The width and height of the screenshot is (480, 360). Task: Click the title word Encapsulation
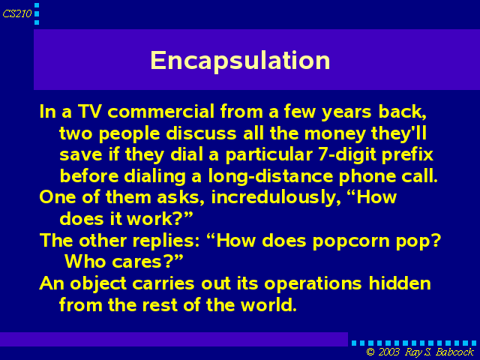pos(240,61)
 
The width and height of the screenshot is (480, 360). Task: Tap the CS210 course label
pos(16,13)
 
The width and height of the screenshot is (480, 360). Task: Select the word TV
pos(89,111)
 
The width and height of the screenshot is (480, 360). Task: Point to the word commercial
pos(160,111)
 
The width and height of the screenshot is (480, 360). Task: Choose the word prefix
pos(407,154)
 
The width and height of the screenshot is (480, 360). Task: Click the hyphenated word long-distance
pos(270,177)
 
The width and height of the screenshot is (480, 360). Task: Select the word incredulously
pos(276,197)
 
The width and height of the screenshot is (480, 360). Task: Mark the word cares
pos(136,262)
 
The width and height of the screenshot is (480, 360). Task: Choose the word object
pos(98,284)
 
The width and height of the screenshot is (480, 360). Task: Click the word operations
pos(313,284)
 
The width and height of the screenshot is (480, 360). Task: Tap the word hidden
pos(400,283)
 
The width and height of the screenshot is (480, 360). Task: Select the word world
pos(268,305)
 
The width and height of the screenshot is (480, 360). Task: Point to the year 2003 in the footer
pos(388,352)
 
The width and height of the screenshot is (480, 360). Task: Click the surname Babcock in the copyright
pos(455,352)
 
